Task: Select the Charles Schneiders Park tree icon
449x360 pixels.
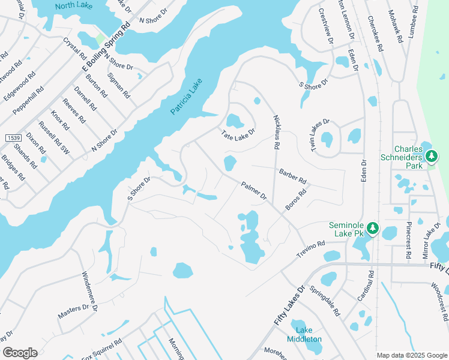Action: [431, 157]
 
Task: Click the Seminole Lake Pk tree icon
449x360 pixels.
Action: [372, 229]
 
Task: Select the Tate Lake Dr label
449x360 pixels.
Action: [238, 134]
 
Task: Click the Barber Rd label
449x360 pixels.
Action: [292, 176]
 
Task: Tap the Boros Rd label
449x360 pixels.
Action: [296, 200]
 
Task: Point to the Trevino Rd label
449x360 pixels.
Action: [311, 250]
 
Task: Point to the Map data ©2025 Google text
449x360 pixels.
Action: [411, 355]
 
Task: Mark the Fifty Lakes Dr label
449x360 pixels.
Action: [289, 307]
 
